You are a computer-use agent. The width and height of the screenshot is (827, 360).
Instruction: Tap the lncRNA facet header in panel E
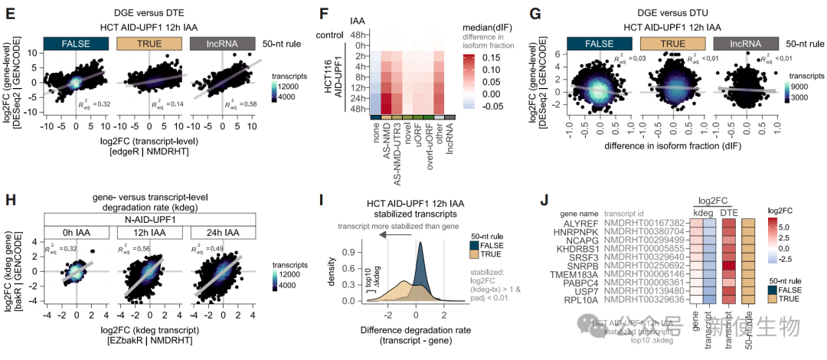(217, 44)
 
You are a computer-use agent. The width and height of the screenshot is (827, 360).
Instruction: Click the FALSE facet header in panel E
(72, 44)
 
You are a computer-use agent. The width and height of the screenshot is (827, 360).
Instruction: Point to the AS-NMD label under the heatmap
(387, 139)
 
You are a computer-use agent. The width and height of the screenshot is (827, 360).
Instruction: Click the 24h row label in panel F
(357, 97)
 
